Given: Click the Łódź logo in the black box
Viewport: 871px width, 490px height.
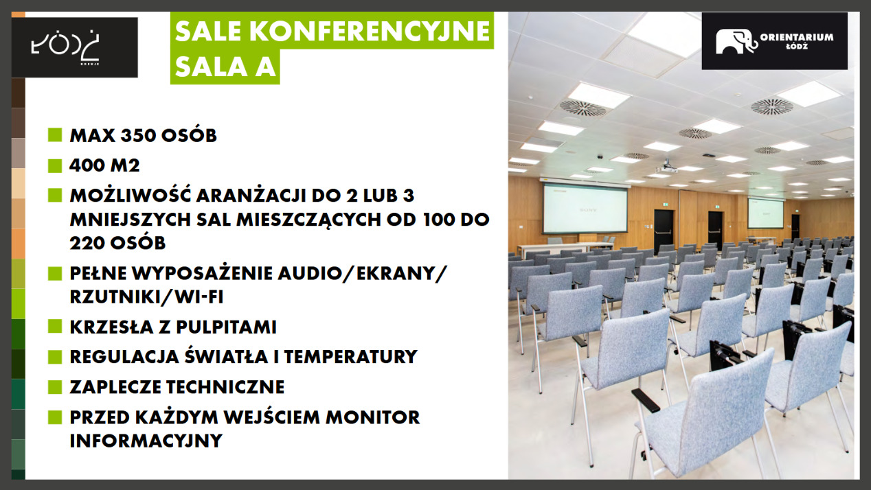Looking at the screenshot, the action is (65, 46).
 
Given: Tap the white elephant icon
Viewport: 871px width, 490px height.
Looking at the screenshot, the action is (736, 41).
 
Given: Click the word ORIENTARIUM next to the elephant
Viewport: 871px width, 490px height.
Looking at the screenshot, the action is (797, 37).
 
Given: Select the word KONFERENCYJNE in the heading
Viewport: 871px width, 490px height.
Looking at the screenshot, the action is (370, 31).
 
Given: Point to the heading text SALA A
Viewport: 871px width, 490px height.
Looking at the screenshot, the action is (225, 67).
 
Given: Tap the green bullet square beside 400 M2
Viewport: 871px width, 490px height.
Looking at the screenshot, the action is (55, 165).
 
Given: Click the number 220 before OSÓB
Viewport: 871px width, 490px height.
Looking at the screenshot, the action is (87, 243).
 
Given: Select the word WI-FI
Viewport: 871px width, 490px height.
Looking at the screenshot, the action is (199, 297).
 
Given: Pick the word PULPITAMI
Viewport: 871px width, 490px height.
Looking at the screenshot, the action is (226, 327).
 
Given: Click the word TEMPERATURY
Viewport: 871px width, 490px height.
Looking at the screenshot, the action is (351, 357).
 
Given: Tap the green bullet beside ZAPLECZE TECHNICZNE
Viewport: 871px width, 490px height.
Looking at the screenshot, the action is (55, 387).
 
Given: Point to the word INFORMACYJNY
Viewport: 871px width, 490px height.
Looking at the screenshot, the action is (146, 441).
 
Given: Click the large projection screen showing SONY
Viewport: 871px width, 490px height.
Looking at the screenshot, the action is (585, 209).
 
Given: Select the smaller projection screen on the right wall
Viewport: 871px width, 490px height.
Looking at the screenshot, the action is (765, 213).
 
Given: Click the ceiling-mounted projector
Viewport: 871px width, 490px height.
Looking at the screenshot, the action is (667, 168).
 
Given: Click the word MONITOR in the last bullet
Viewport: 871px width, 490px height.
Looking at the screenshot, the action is (373, 418).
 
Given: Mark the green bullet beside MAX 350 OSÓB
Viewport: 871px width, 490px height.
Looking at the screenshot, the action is (55, 135).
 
